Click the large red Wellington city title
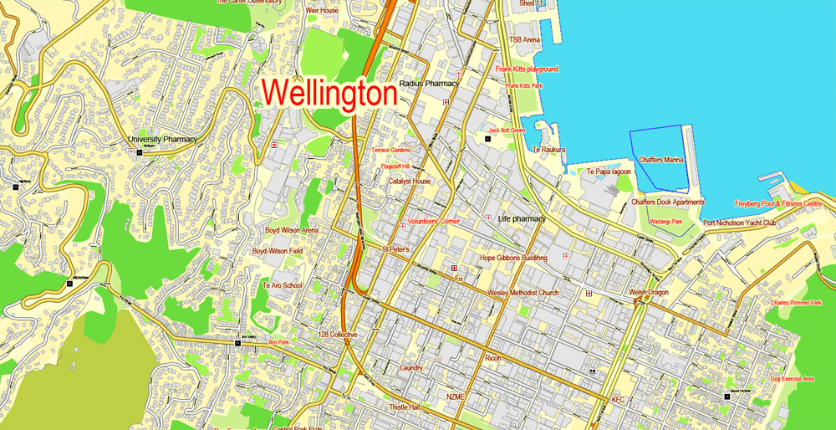[x=329, y=92]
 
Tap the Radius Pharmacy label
[x=429, y=84]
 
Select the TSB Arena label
[x=525, y=39]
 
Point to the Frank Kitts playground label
[x=527, y=69]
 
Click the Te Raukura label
[x=549, y=150]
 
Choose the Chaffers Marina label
[x=660, y=160]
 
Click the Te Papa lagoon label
[x=609, y=171]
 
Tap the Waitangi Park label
[x=665, y=222]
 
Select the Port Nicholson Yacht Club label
[x=740, y=223]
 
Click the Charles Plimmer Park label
[x=796, y=303]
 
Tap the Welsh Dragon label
[x=649, y=292]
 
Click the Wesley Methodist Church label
[x=522, y=293]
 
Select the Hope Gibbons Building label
[x=513, y=259]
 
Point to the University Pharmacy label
[x=162, y=140]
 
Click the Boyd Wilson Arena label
[x=292, y=230]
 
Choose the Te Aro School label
[x=282, y=285]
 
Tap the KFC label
[x=618, y=400]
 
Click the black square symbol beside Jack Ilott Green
[x=488, y=138]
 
